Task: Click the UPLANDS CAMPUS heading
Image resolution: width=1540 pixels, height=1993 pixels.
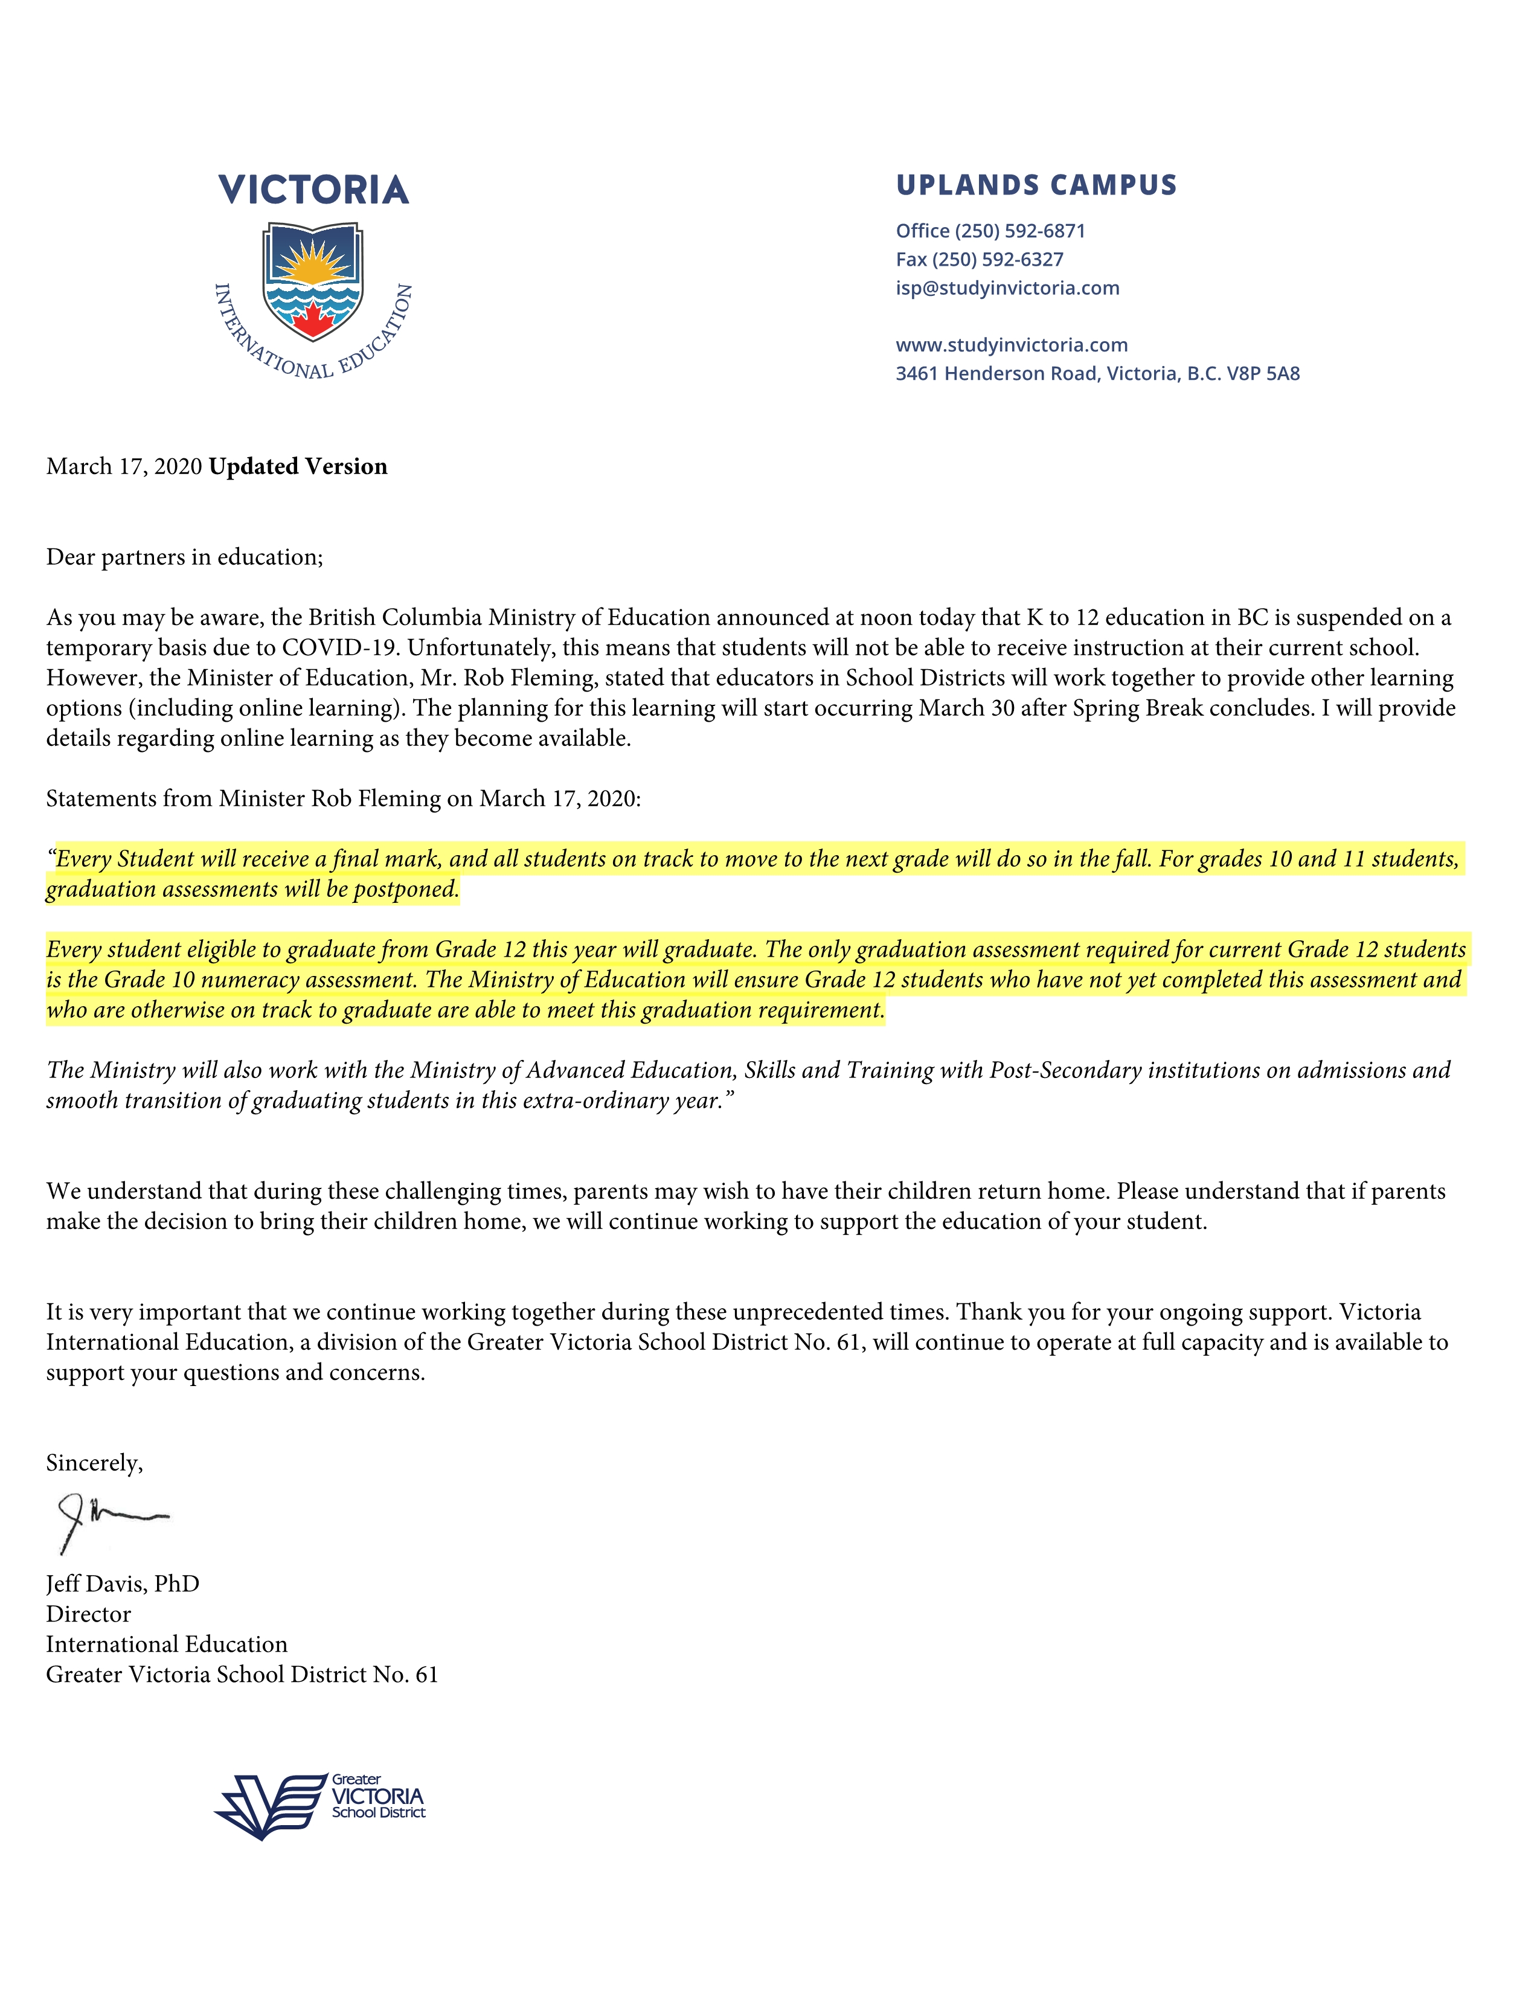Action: [1036, 185]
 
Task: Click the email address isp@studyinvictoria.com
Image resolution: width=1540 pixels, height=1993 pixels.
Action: [1007, 288]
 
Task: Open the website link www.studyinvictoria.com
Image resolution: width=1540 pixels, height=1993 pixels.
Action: [1011, 345]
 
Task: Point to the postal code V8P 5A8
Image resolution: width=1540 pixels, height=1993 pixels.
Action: [1263, 373]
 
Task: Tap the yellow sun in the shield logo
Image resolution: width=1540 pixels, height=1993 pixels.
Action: [313, 265]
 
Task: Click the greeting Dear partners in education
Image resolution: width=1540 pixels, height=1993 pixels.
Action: [184, 557]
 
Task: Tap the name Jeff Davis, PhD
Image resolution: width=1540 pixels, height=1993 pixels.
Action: [122, 1584]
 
